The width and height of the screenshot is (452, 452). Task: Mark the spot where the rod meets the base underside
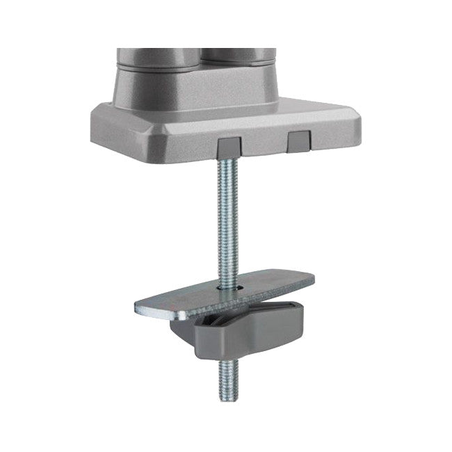228,159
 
